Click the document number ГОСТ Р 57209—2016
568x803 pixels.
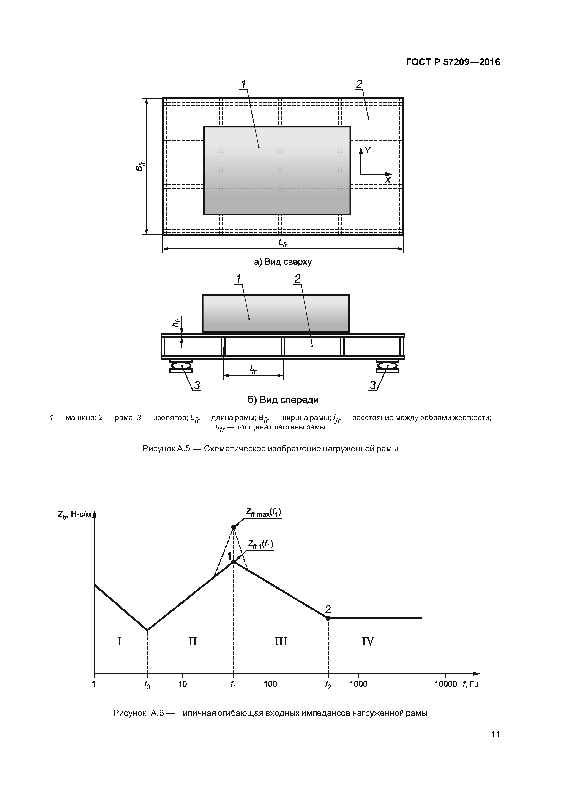[453, 62]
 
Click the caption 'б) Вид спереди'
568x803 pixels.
[283, 400]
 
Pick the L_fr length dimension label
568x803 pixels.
[283, 243]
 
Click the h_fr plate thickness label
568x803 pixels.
[176, 322]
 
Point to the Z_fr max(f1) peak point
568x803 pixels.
[233, 527]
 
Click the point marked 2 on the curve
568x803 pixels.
[328, 618]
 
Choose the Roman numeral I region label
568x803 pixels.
[119, 641]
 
